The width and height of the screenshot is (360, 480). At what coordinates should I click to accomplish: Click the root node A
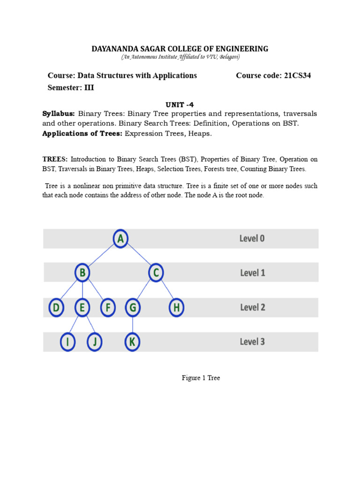click(120, 239)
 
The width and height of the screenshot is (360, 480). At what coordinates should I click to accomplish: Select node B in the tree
click(82, 272)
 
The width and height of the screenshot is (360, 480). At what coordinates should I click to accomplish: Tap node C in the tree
click(156, 272)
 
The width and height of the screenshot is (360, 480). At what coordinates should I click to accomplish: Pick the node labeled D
click(56, 308)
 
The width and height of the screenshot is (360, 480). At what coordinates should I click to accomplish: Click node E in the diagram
click(82, 308)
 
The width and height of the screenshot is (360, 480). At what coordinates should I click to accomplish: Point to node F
click(108, 308)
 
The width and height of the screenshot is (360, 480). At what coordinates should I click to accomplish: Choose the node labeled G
click(133, 308)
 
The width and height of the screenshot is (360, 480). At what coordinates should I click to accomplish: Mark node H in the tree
click(176, 308)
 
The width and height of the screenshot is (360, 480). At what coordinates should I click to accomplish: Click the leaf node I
click(68, 342)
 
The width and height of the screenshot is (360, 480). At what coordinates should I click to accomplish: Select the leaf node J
click(95, 342)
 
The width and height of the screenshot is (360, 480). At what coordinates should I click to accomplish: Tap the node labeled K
click(133, 342)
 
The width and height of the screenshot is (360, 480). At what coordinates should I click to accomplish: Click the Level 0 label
click(252, 239)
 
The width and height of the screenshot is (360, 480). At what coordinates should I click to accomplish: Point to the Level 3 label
click(252, 342)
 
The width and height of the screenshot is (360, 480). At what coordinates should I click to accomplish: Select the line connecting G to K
click(133, 325)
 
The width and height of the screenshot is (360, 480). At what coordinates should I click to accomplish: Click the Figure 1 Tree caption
click(201, 378)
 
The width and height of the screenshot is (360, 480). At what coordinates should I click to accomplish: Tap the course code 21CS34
click(297, 75)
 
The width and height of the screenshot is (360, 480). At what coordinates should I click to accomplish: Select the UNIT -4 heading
click(180, 105)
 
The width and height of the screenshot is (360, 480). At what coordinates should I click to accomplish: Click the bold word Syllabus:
click(59, 114)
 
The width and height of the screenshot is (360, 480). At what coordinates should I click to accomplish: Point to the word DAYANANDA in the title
click(114, 49)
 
